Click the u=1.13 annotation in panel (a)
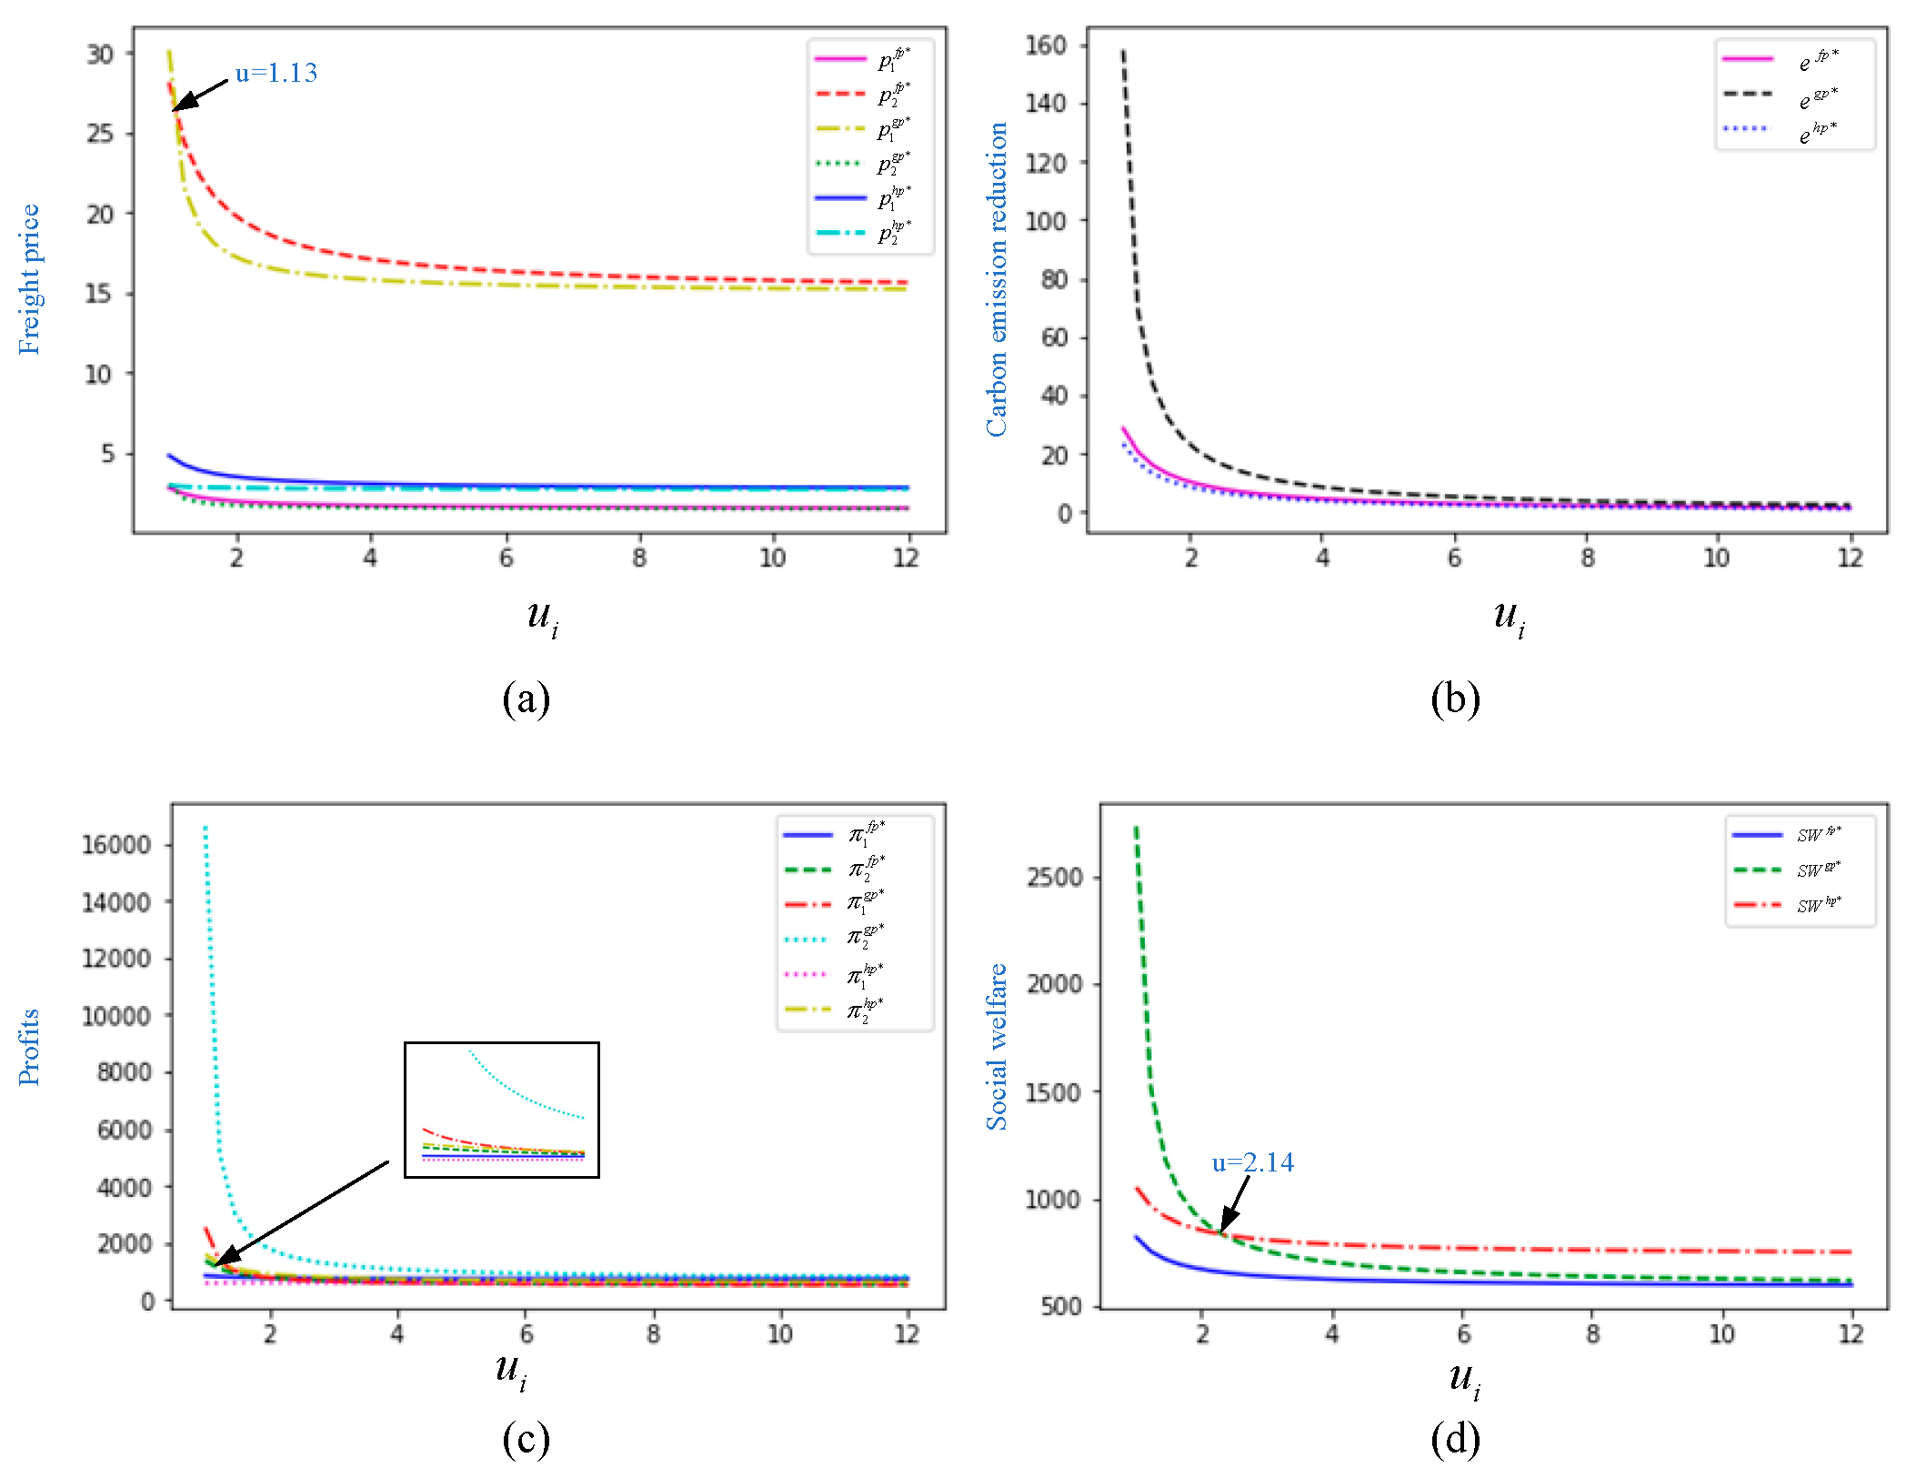pos(276,73)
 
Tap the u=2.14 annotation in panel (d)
pos(1252,1162)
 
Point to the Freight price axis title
pos(29,279)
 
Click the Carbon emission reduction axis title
pos(997,279)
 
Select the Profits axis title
pos(29,1047)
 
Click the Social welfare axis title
pos(997,1047)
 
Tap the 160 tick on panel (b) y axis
pos(1045,45)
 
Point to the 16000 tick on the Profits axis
pos(116,845)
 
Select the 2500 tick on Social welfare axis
pos(1054,878)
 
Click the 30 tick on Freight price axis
pos(100,54)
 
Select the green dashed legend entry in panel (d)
pos(1786,870)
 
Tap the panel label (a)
pos(526,699)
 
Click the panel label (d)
pos(1455,1439)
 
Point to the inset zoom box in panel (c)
pos(501,1110)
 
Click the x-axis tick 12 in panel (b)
pos(1850,558)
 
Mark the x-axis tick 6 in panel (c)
pos(526,1334)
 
